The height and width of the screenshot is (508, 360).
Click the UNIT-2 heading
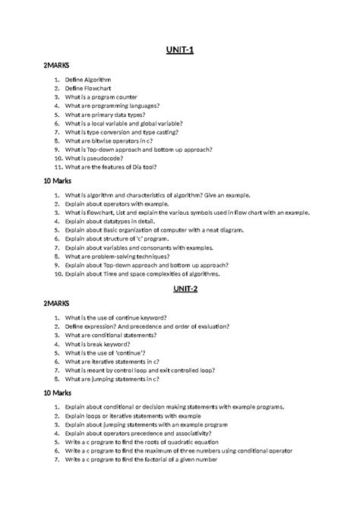[x=180, y=288]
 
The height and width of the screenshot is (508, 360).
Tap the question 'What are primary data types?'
[x=105, y=115]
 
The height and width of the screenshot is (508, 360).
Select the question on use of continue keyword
[x=116, y=317]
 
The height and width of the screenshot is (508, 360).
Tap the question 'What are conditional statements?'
[x=111, y=335]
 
